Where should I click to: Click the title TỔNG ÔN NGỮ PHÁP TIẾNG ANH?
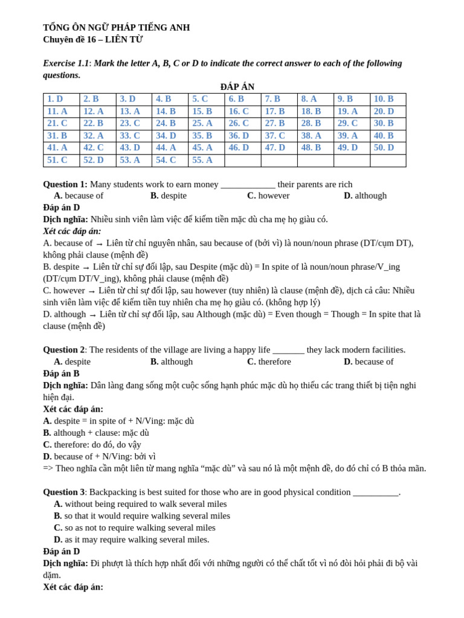click(x=116, y=28)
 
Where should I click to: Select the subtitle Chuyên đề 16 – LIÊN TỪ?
click(x=92, y=40)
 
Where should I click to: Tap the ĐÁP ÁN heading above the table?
click(x=237, y=87)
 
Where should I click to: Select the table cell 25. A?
click(x=202, y=124)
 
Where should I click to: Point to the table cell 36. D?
click(x=239, y=136)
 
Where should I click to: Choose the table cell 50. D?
click(x=384, y=148)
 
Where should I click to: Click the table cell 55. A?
click(x=202, y=161)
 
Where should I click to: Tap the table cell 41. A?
click(x=57, y=148)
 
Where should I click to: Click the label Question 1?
click(x=65, y=184)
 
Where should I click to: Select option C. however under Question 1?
click(x=268, y=196)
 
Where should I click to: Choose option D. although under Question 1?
click(x=365, y=196)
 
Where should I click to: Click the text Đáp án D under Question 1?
click(x=61, y=208)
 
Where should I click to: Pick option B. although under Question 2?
click(x=172, y=362)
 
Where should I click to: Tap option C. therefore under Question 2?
click(x=269, y=362)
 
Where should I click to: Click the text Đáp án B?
click(x=61, y=374)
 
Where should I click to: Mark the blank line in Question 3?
click(x=375, y=492)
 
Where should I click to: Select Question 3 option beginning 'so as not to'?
click(x=134, y=527)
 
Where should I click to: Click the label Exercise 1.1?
click(x=66, y=63)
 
